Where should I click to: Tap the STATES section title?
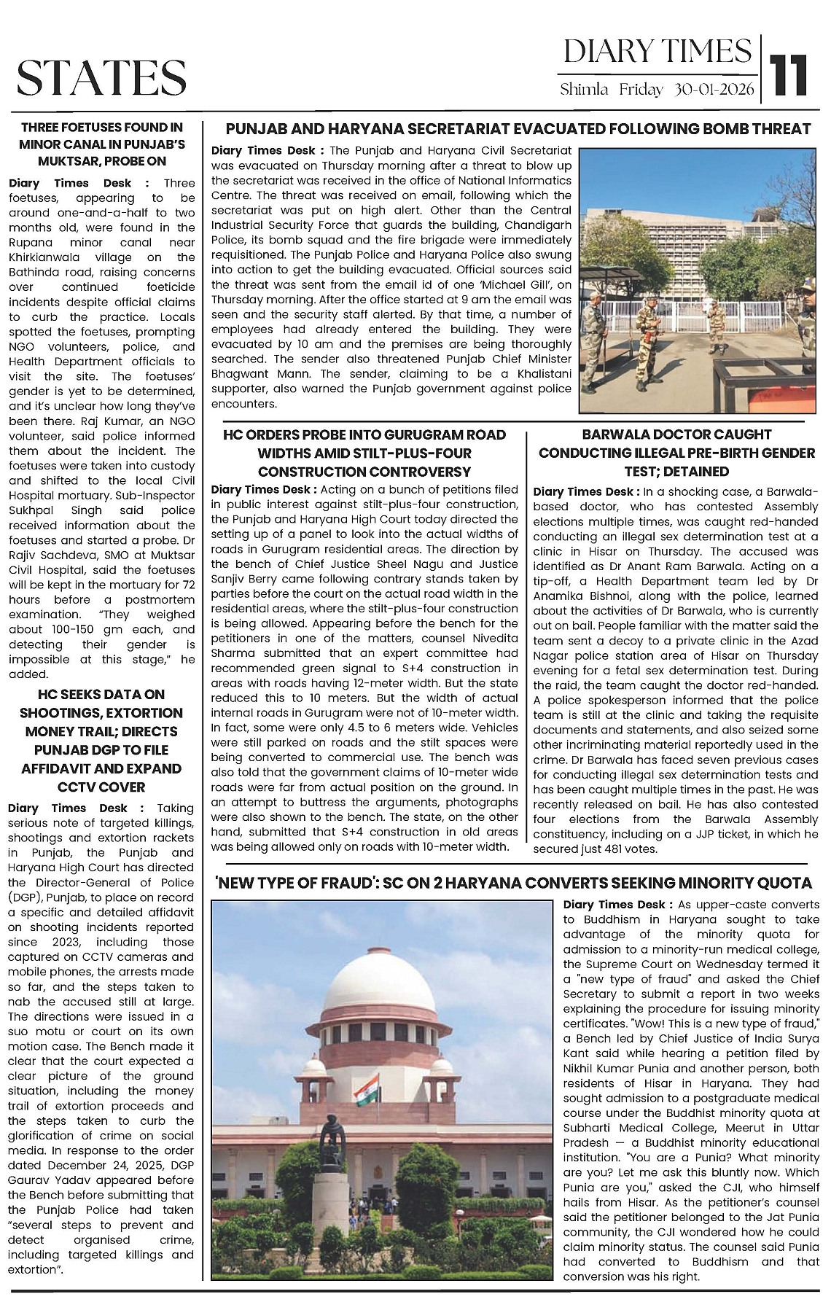coord(101,78)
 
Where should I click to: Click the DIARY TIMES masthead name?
coord(657,52)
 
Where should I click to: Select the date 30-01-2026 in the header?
coord(715,90)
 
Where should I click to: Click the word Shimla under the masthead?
coord(584,90)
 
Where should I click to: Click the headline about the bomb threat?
coord(518,129)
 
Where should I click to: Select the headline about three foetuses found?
coord(102,144)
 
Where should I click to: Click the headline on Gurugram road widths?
coord(364,453)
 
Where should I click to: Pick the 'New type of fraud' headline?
coord(512,883)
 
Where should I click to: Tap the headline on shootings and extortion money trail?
coord(102,740)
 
